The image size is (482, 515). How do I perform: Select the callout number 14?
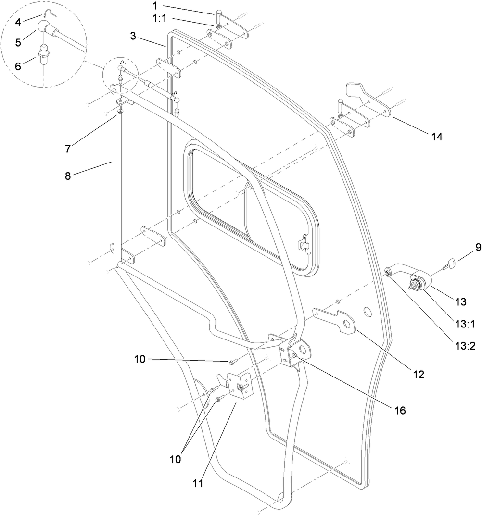(x=436, y=137)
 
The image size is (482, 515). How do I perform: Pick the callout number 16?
(x=400, y=410)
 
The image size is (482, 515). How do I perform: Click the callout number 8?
(x=68, y=176)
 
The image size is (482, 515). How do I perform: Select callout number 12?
(x=419, y=374)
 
